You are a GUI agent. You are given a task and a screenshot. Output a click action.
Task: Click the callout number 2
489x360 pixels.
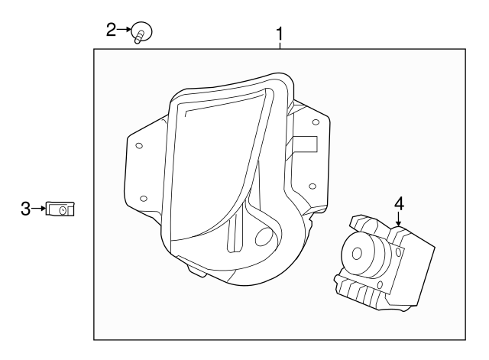pos(111,30)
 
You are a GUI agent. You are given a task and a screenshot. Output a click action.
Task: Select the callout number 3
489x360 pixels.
pos(25,208)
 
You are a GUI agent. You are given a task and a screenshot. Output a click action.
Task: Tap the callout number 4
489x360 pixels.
pos(398,203)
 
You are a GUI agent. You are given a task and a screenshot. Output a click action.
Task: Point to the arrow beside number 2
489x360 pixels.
pos(125,31)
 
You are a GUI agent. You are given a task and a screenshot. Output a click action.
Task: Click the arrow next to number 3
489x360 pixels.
pos(38,208)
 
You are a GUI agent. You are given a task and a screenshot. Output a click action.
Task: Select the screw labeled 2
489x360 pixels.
pos(141,32)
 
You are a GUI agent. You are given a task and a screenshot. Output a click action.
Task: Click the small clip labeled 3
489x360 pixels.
pos(60,208)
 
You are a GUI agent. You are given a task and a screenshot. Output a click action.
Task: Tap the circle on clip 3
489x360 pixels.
pos(63,209)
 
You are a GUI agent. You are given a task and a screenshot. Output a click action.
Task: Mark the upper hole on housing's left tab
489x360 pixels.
pos(138,144)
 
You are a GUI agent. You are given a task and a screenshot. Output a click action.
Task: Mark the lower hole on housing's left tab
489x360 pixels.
pos(144,199)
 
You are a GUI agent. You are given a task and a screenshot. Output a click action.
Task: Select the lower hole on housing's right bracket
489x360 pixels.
pos(313,185)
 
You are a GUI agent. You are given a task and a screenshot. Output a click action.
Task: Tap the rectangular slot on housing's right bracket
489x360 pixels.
pos(306,144)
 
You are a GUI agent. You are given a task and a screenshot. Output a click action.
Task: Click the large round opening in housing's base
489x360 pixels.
pos(263,238)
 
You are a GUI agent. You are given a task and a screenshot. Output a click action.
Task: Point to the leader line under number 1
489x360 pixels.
pos(280,44)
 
